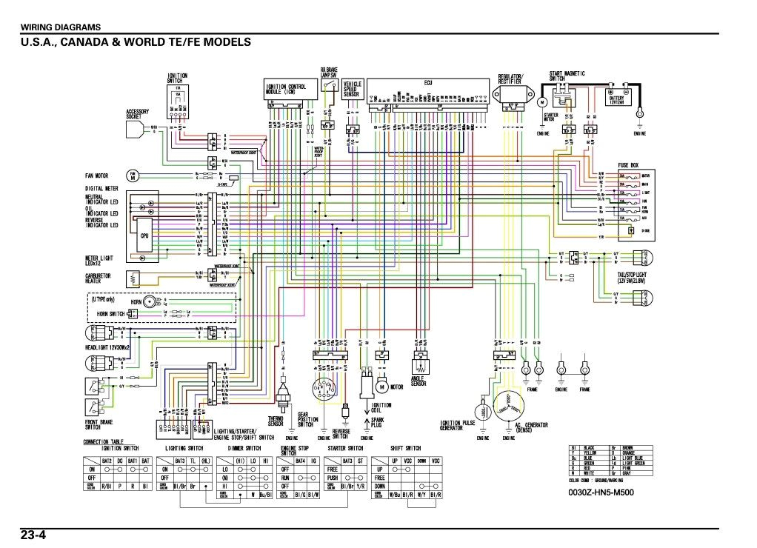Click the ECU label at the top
[x=427, y=83]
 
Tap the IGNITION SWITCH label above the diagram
[x=177, y=78]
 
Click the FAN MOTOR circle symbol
[x=133, y=176]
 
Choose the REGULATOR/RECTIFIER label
[x=510, y=78]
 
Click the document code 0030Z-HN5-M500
[x=601, y=492]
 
